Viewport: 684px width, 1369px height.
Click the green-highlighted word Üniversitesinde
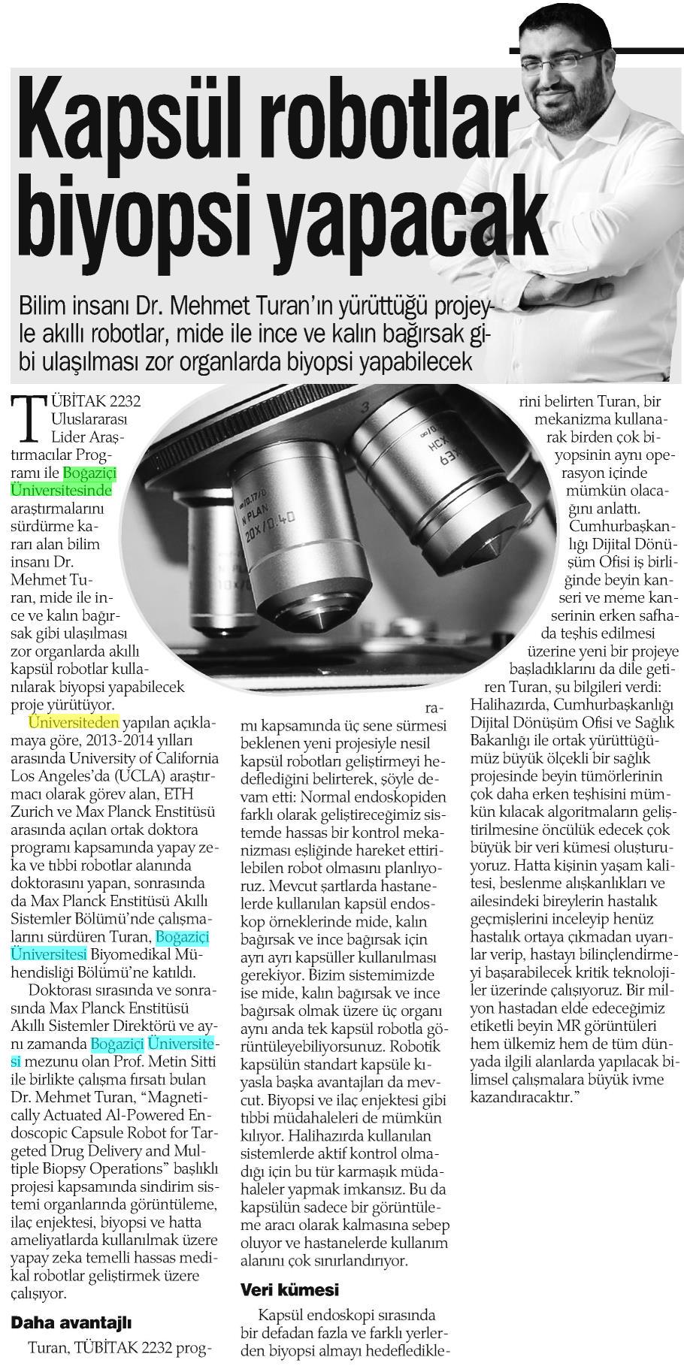62,491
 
